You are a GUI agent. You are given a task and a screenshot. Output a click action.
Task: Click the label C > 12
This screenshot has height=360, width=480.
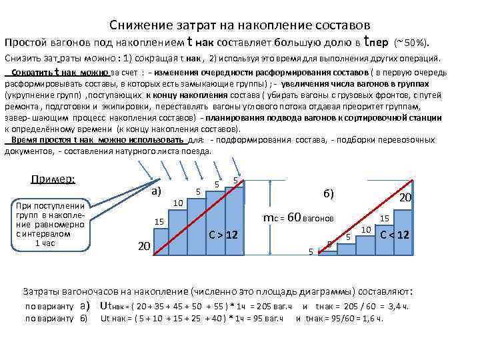click(x=223, y=235)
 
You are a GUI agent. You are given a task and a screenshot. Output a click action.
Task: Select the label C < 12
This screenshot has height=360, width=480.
click(x=394, y=235)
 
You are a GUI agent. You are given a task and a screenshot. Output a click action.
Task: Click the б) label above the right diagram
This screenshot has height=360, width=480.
click(x=329, y=193)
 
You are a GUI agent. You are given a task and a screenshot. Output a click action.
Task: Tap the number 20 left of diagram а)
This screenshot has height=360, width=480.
click(x=143, y=247)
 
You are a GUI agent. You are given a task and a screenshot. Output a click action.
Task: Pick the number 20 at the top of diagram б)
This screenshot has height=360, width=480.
click(x=405, y=198)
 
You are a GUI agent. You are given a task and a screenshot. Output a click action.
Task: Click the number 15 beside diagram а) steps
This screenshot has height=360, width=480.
click(x=159, y=221)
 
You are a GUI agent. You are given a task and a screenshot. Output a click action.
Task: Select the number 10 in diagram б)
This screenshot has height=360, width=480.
click(x=366, y=230)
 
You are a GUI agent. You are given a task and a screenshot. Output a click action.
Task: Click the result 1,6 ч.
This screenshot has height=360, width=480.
click(x=373, y=319)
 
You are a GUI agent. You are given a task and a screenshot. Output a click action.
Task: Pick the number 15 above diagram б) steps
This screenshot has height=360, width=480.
click(x=385, y=218)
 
